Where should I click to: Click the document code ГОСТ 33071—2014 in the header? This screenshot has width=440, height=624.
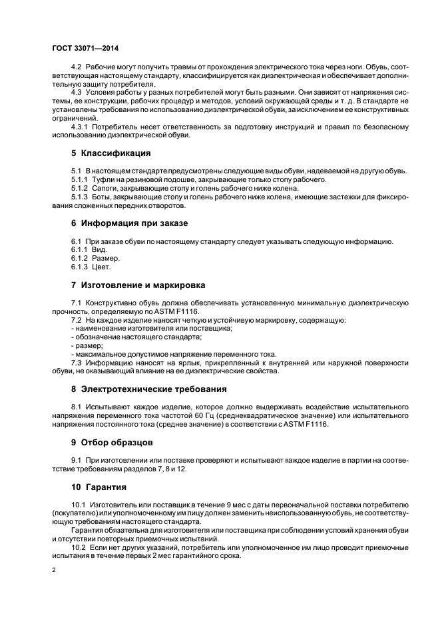(81, 47)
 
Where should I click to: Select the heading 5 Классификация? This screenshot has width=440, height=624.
(111, 153)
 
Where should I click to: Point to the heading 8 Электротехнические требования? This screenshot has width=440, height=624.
(149, 388)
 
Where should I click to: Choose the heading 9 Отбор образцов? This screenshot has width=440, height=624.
(112, 441)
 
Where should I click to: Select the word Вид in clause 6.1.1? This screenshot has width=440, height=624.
(99, 249)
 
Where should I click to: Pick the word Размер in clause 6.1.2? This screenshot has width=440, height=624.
(105, 257)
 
